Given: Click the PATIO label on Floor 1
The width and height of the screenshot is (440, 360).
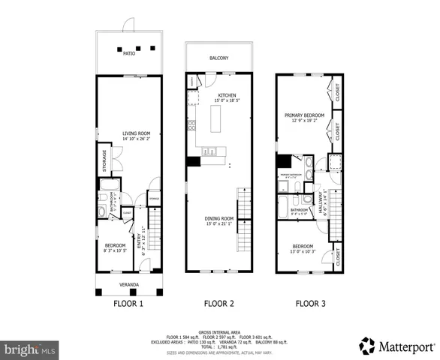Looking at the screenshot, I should click(x=129, y=54).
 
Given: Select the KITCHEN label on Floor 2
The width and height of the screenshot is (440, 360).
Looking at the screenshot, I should click(x=227, y=95).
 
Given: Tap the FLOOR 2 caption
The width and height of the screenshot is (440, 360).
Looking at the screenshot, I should click(x=219, y=304).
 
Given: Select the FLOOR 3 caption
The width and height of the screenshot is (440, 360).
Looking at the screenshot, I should click(x=310, y=304).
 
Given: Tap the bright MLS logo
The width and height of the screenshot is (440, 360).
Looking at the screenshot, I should click(x=30, y=349).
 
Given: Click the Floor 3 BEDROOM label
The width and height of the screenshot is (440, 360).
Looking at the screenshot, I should click(x=302, y=245).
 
